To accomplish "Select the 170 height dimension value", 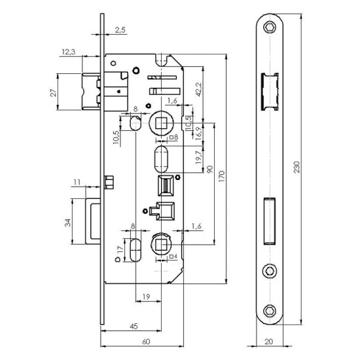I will [223, 175].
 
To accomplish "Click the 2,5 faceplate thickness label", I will [120, 30].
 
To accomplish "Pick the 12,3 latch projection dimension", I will [67, 52].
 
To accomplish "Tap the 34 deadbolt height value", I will [67, 223].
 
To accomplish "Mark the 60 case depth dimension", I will [146, 341].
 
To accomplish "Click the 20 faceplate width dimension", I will [269, 342].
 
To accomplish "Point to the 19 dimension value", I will [145, 296].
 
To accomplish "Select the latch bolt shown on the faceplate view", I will [269, 89].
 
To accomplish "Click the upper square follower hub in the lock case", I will [162, 122].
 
